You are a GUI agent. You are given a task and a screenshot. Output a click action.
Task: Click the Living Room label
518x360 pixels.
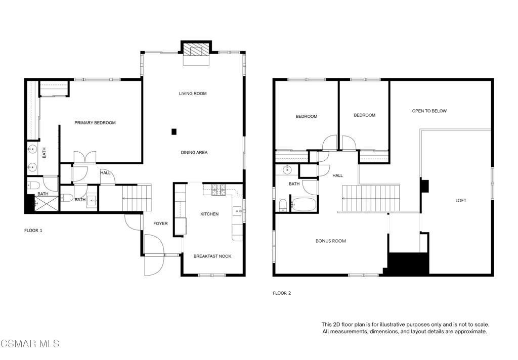pos(193,94)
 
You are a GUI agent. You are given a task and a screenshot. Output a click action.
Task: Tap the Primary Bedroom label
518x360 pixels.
pos(95,123)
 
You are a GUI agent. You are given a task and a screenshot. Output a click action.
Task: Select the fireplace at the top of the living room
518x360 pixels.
pos(196,50)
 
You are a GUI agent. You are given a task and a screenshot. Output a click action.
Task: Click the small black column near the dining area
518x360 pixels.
pos(174,132)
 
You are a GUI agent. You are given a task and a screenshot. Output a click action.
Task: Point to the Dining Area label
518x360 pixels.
pos(194,152)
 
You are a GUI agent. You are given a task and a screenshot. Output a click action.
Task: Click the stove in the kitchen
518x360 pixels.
pos(219,190)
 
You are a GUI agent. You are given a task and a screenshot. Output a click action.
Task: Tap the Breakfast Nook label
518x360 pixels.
pos(212,256)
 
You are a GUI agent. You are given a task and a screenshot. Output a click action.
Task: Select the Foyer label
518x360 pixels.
pos(160,223)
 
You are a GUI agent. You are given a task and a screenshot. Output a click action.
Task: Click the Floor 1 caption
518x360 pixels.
pos(33,231)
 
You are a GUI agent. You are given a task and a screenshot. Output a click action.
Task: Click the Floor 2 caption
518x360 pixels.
pos(282,293)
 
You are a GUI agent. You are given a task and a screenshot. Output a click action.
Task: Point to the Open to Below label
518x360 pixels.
pos(429,111)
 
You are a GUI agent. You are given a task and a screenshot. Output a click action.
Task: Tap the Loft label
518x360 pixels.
pos(461,200)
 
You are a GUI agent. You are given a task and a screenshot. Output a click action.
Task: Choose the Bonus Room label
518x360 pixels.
pos(331,241)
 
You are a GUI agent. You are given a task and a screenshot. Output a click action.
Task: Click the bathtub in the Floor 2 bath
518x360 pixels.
pos(304,204)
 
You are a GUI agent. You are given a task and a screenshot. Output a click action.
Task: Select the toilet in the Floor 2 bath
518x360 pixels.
pos(283,205)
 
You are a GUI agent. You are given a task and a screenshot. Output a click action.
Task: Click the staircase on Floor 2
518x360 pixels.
pos(371,198)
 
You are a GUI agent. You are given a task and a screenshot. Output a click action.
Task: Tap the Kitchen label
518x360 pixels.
pos(209,214)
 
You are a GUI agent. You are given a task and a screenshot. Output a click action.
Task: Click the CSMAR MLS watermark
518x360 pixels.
pos(30,343)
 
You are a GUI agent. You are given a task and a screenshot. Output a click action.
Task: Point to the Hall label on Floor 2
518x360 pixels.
pos(337,175)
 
